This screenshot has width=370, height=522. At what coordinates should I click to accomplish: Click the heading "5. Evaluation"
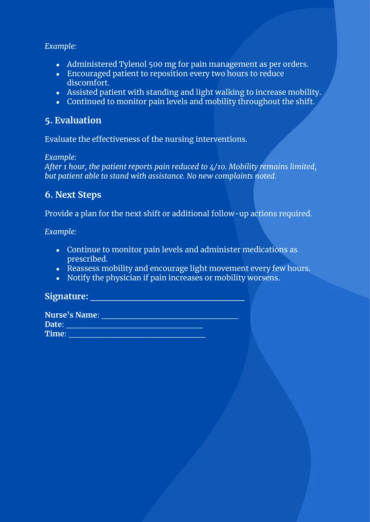(73, 120)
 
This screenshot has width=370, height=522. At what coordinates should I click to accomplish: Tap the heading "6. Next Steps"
(73, 195)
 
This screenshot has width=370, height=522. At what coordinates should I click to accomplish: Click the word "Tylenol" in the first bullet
(133, 64)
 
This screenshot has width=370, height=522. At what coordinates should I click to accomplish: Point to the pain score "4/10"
(218, 167)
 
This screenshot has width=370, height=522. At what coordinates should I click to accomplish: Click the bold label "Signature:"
(66, 296)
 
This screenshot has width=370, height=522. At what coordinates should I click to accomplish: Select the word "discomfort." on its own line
(88, 83)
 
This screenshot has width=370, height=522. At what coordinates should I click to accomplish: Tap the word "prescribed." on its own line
(87, 259)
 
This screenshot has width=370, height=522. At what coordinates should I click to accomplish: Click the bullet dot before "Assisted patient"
(58, 93)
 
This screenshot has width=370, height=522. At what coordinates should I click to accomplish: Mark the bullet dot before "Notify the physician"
(58, 278)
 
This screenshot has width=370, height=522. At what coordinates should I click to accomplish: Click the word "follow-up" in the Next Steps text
(230, 214)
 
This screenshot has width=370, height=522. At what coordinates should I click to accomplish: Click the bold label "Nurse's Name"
(71, 315)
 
